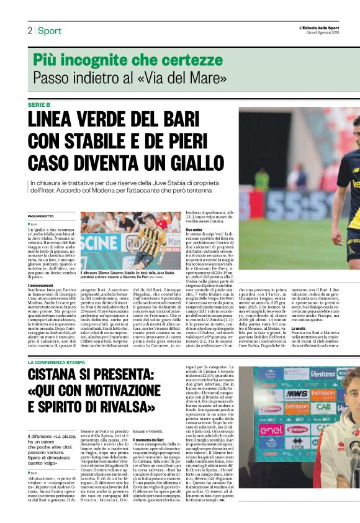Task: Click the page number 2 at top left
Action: point(30,31)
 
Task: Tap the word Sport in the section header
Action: point(50,31)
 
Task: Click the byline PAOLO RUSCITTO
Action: point(42,216)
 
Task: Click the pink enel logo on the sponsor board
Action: point(271,429)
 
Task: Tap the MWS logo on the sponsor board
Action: point(297,393)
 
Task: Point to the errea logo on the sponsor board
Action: point(297,460)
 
